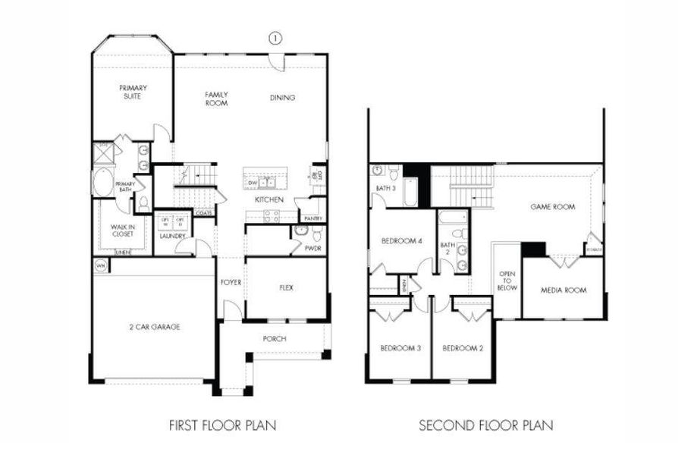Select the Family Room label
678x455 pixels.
pos(216,99)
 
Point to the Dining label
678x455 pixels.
pos(282,98)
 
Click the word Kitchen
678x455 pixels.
pos(268,199)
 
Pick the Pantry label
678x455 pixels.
pos(313,218)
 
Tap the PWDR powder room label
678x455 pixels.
pos(312,247)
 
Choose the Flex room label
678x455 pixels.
pos(286,288)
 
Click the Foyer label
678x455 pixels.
pos(231,282)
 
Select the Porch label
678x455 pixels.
pos(275,338)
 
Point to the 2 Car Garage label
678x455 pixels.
pos(153,327)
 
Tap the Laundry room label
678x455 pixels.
pos(172,236)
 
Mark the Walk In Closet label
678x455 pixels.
pos(122,230)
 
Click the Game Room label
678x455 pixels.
pos(552,206)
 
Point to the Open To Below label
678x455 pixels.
pos(507,281)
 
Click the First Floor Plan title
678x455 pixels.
pos(222,425)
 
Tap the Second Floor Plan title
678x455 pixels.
pos(486,425)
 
